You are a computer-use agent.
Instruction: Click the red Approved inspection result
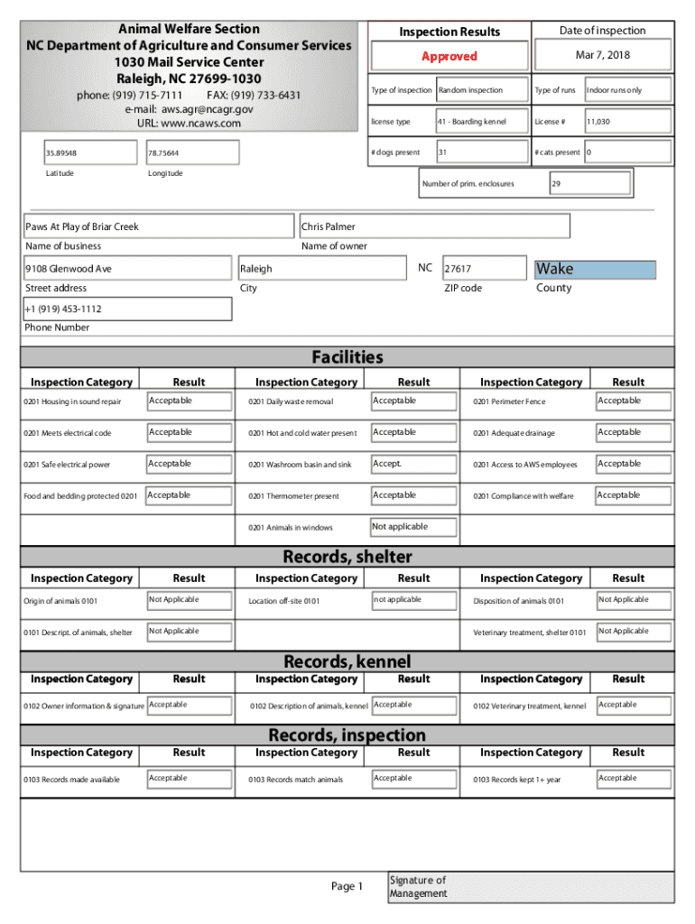[x=449, y=56]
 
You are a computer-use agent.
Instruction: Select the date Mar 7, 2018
[x=602, y=56]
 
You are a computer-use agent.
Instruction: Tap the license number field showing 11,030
[x=626, y=122]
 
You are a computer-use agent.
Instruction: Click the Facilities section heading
[x=347, y=357]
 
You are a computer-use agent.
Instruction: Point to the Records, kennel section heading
[x=347, y=662]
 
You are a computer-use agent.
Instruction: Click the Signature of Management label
[x=418, y=887]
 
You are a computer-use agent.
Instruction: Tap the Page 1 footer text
[x=347, y=887]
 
